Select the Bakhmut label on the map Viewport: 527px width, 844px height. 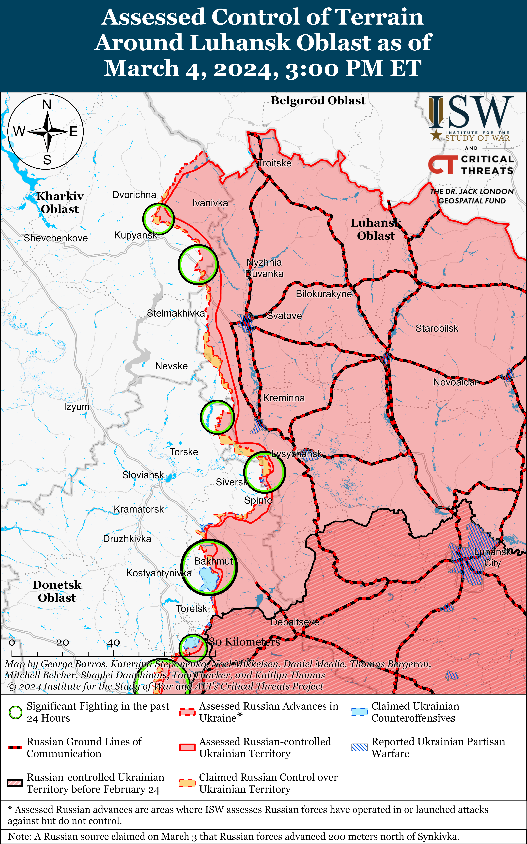(x=213, y=561)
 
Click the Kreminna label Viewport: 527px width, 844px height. (x=284, y=398)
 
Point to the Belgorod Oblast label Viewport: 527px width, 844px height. (x=318, y=101)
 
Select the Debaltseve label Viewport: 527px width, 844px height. (x=295, y=622)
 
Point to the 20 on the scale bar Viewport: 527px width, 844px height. (x=63, y=642)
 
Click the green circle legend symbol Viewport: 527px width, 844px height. (x=15, y=712)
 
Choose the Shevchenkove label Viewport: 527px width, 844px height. (x=56, y=238)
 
